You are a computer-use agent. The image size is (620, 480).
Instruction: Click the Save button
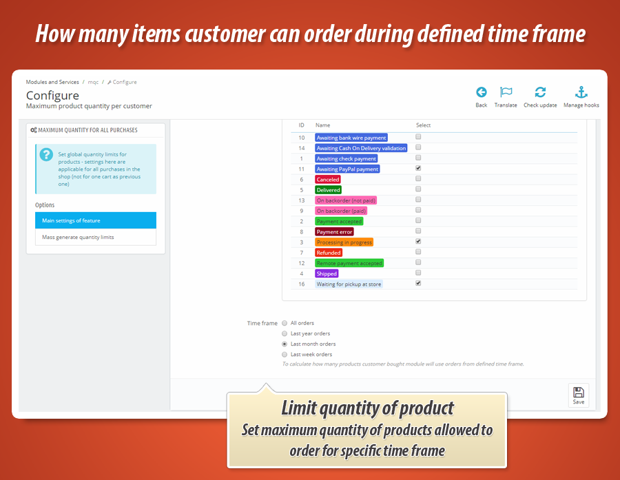tap(578, 395)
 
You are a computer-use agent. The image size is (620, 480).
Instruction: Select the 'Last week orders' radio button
tap(285, 354)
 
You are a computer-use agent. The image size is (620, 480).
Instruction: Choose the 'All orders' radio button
tap(285, 323)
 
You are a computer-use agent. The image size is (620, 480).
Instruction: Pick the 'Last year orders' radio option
tap(285, 333)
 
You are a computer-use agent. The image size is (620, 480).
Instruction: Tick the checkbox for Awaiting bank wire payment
tap(418, 137)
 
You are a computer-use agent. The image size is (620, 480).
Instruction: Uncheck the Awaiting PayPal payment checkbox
tap(418, 168)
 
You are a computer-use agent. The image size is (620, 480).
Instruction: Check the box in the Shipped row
tap(418, 273)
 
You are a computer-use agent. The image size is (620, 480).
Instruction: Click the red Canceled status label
tap(328, 180)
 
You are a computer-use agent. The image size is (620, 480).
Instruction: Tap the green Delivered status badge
tap(329, 190)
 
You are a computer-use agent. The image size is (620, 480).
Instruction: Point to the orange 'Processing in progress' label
tap(344, 242)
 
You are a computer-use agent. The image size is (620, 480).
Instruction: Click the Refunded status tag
tap(329, 253)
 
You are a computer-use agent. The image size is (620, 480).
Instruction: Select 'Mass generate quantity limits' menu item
tap(78, 237)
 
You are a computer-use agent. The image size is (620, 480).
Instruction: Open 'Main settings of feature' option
tap(71, 220)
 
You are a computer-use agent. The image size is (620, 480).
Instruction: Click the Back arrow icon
tap(482, 92)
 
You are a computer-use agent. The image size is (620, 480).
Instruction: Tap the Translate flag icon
tap(506, 92)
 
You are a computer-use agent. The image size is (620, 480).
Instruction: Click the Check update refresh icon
tap(540, 92)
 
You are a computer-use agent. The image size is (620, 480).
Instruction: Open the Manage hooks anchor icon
tap(581, 92)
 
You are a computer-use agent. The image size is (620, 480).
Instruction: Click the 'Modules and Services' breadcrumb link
tap(52, 82)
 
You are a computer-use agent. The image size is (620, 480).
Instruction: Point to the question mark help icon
tap(46, 154)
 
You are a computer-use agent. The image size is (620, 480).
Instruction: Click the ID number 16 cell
tap(302, 284)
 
